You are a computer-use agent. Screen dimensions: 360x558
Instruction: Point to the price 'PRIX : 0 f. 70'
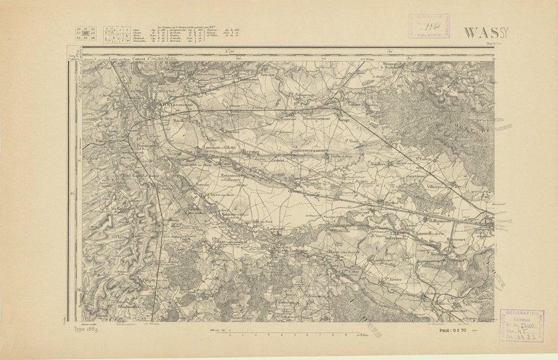(454, 329)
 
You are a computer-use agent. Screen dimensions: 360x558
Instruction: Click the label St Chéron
(120, 236)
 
